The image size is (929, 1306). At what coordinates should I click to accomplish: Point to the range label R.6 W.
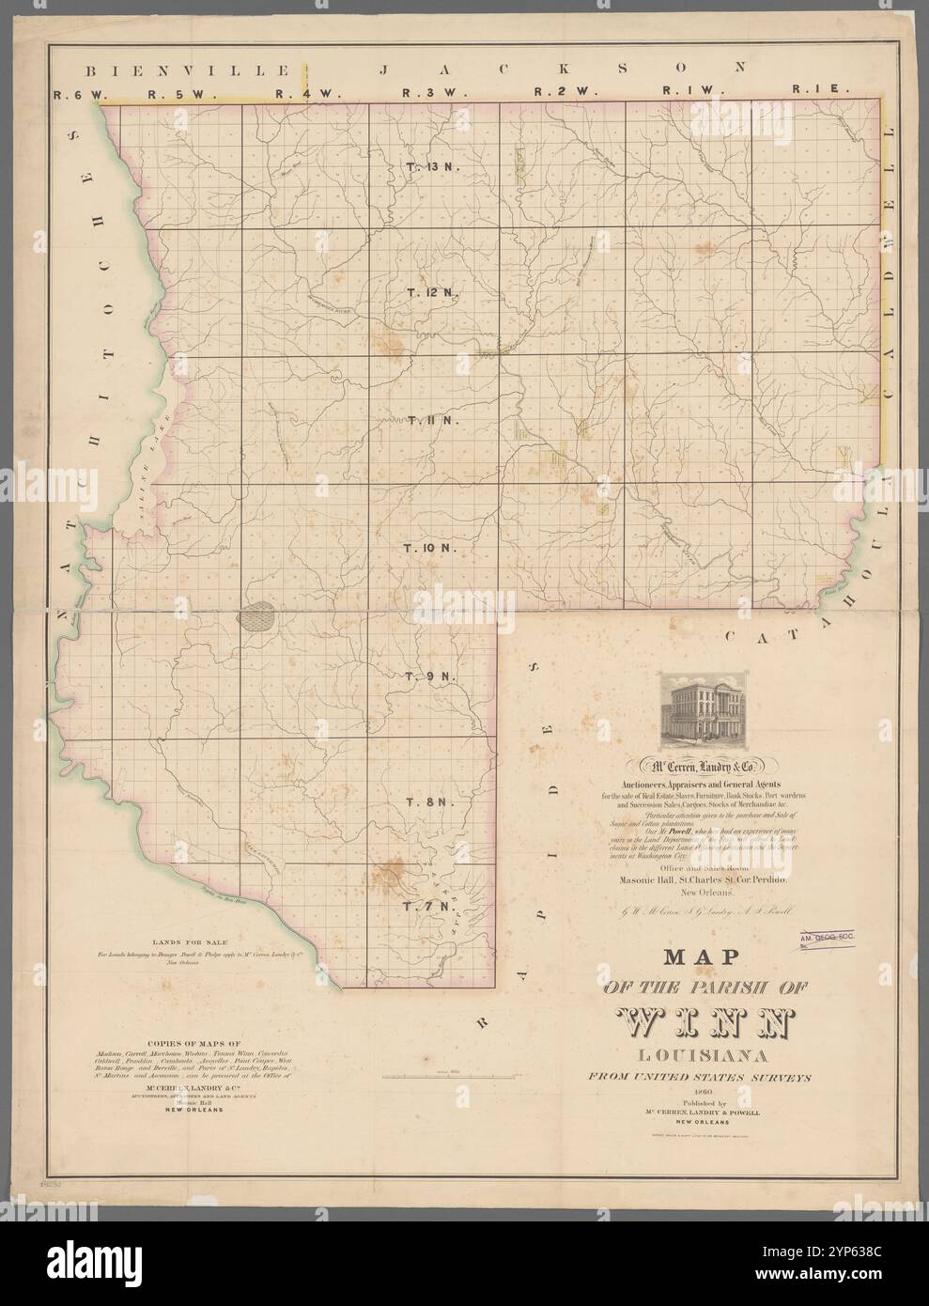(x=78, y=93)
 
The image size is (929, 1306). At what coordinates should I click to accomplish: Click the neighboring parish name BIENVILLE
(x=184, y=70)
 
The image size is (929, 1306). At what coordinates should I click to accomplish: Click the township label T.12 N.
(x=430, y=293)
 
